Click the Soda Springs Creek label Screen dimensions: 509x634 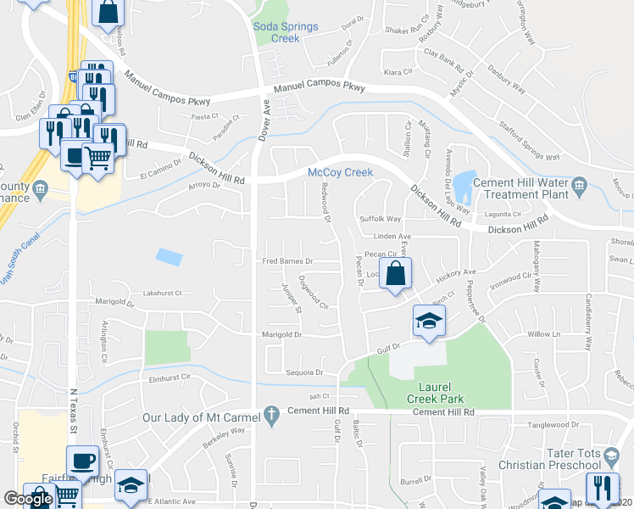(x=286, y=32)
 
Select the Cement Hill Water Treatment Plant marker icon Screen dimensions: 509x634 (x=579, y=184)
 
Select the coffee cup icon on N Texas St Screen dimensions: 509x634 (x=81, y=461)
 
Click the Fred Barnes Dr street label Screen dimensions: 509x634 (x=287, y=261)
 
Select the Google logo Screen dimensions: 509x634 (x=28, y=499)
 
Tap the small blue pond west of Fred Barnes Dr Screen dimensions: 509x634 (x=168, y=255)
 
